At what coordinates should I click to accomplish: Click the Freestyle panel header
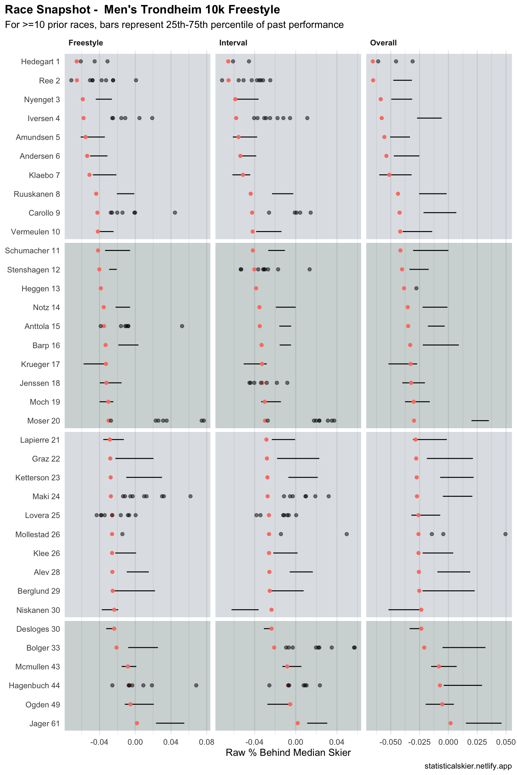(x=85, y=43)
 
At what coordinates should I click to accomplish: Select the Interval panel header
(x=233, y=43)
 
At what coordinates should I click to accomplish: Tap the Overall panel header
(x=383, y=43)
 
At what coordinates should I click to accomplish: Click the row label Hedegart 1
(x=40, y=62)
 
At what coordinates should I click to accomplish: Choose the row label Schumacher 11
(x=32, y=251)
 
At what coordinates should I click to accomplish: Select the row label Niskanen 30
(x=38, y=610)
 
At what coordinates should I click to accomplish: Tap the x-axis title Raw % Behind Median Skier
(x=288, y=752)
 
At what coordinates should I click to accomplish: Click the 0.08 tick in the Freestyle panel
(x=206, y=742)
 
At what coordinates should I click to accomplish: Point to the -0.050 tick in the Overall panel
(x=390, y=742)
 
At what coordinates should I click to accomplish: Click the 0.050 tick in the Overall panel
(x=506, y=742)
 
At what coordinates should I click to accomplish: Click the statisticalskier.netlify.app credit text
(x=468, y=766)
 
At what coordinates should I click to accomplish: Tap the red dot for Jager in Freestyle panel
(x=137, y=723)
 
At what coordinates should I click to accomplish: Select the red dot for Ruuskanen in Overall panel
(x=398, y=194)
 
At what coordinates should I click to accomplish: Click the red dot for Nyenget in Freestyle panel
(x=83, y=99)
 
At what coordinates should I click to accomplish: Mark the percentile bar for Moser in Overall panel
(x=480, y=420)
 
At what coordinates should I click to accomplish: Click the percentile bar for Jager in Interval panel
(x=317, y=723)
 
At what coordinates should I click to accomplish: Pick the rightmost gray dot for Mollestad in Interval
(x=347, y=534)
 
